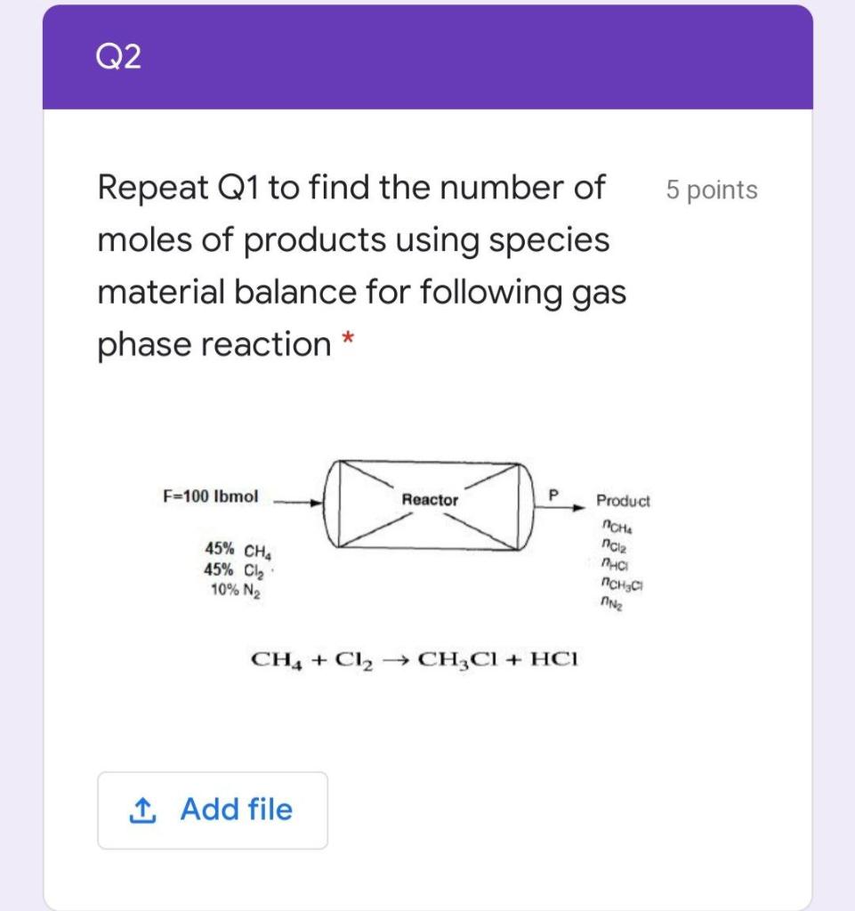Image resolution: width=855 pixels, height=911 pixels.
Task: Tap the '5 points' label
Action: pos(711,189)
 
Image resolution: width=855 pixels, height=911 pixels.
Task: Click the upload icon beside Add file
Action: pos(141,810)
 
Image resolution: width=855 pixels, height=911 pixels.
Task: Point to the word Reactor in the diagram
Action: pos(430,500)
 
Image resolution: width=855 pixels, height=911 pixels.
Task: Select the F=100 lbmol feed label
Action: pos(210,496)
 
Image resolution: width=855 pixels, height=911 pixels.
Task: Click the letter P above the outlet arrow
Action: pos(553,493)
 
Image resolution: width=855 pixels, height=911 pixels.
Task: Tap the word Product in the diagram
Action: pos(623,501)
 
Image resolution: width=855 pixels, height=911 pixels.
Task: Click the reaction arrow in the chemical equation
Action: pos(397,659)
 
